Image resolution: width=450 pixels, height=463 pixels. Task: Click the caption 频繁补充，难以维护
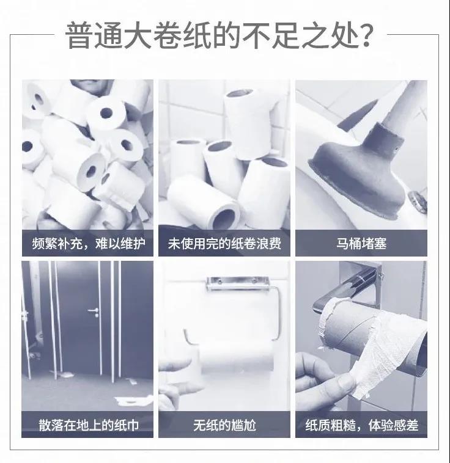[88, 244]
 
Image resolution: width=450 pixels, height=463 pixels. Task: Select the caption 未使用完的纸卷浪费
[224, 244]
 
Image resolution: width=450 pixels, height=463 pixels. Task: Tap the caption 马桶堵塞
[361, 244]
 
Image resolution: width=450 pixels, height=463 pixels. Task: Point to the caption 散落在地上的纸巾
[88, 425]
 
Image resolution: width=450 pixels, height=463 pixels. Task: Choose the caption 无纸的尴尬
[224, 425]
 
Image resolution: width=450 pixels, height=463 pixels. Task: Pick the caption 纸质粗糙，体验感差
[361, 425]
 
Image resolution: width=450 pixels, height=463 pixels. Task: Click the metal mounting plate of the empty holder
[237, 283]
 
